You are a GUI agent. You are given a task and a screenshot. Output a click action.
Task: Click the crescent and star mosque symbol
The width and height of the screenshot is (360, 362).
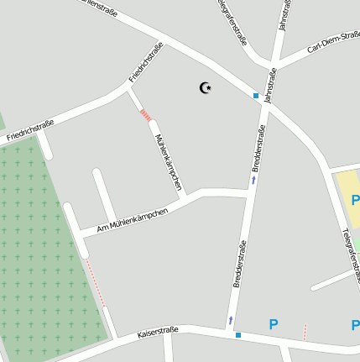[x=205, y=87]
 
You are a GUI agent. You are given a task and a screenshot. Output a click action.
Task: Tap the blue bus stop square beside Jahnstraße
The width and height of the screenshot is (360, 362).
[x=256, y=96]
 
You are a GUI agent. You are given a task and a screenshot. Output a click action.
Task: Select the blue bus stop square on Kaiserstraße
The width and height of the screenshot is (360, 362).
[x=238, y=335]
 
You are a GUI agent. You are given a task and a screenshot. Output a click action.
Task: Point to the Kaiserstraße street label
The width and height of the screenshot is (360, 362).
[x=158, y=333]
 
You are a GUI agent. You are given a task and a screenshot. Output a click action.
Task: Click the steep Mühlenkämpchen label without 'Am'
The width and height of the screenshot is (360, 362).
[x=168, y=162]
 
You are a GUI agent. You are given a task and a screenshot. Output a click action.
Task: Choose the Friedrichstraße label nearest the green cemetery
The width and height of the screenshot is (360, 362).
[x=30, y=130]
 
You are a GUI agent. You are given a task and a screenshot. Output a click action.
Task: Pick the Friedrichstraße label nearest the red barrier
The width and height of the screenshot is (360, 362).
[x=145, y=63]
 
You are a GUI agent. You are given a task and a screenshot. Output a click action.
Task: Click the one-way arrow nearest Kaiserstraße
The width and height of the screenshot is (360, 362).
[x=231, y=320]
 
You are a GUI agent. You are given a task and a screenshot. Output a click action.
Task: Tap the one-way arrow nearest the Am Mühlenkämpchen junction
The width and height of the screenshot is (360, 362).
[x=253, y=180]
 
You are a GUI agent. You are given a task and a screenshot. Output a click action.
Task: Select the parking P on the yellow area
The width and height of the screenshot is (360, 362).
[x=355, y=200]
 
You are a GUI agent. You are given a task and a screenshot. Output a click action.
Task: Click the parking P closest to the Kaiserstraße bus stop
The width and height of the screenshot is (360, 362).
[x=273, y=323]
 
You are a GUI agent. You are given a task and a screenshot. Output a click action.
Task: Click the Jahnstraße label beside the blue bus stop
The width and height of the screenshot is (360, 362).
[x=270, y=87]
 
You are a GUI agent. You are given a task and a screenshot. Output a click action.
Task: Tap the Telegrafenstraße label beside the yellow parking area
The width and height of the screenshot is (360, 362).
[x=350, y=253]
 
